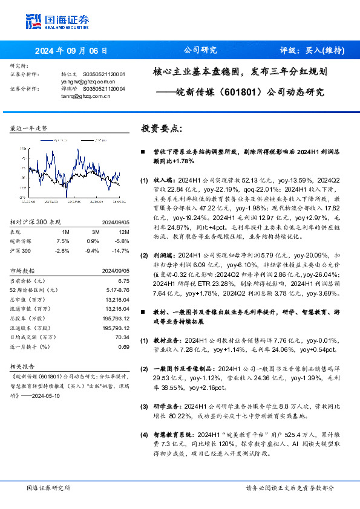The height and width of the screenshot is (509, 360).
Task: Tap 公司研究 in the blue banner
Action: click(200, 50)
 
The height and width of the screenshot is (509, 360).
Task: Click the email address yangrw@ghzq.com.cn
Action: click(85, 80)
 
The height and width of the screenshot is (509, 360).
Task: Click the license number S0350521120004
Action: click(103, 88)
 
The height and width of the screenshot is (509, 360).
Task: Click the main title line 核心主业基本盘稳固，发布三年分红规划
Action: click(240, 71)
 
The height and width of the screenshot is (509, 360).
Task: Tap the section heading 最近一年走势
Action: click(29, 129)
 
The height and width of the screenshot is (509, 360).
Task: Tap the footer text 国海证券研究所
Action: click(48, 488)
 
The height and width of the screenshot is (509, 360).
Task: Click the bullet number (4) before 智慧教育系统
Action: click(144, 435)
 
